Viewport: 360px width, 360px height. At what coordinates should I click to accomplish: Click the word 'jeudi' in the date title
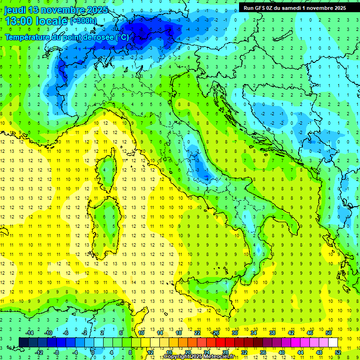click(15, 10)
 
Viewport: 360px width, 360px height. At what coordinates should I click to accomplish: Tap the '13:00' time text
click(19, 21)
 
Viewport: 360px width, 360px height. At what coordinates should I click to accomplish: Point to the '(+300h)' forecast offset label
click(83, 21)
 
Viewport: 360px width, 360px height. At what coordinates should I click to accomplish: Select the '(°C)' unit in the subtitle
click(122, 37)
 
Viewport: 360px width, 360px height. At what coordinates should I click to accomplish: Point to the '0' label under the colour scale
click(93, 352)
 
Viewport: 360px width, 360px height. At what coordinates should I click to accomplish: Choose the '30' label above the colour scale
click(235, 333)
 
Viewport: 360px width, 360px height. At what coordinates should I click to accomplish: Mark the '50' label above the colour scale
click(329, 333)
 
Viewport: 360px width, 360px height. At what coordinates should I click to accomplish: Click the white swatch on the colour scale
click(333, 342)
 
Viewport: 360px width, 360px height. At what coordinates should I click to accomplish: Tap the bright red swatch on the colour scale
click(221, 342)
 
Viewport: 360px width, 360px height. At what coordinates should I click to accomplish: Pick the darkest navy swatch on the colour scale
click(24, 342)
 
